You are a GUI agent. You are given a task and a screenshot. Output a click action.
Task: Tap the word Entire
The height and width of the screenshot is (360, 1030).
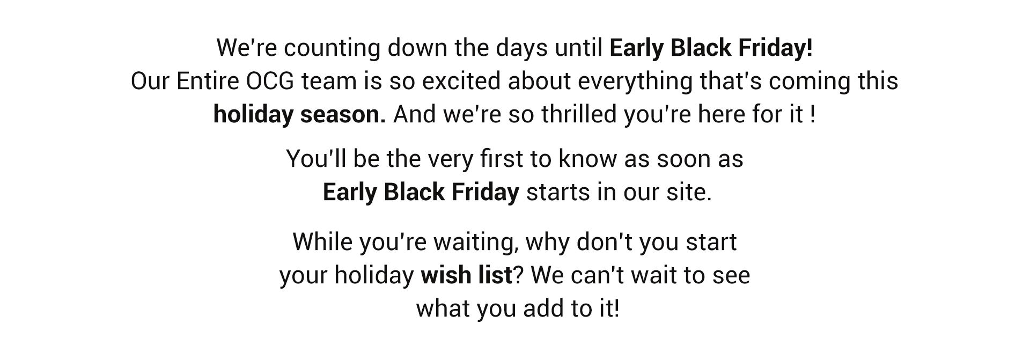click(209, 82)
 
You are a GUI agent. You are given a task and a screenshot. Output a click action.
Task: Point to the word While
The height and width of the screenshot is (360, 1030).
click(323, 242)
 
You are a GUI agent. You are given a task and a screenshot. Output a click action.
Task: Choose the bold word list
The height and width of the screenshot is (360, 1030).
click(492, 276)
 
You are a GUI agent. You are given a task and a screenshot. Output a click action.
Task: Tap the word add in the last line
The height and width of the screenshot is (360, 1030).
click(542, 309)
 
